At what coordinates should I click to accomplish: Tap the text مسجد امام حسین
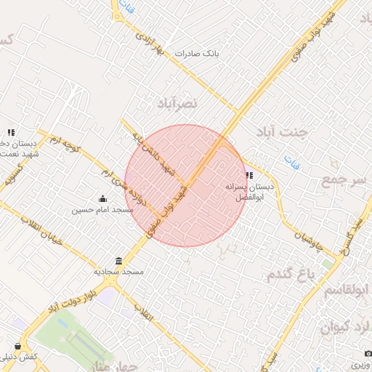[102, 210]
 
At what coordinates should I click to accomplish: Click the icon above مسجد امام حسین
[102, 199]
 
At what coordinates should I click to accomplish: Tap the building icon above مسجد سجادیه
[118, 261]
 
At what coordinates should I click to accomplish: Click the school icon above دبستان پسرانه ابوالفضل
[249, 175]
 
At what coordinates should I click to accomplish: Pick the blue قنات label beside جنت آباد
[291, 158]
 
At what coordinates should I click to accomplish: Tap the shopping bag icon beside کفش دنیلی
[17, 347]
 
